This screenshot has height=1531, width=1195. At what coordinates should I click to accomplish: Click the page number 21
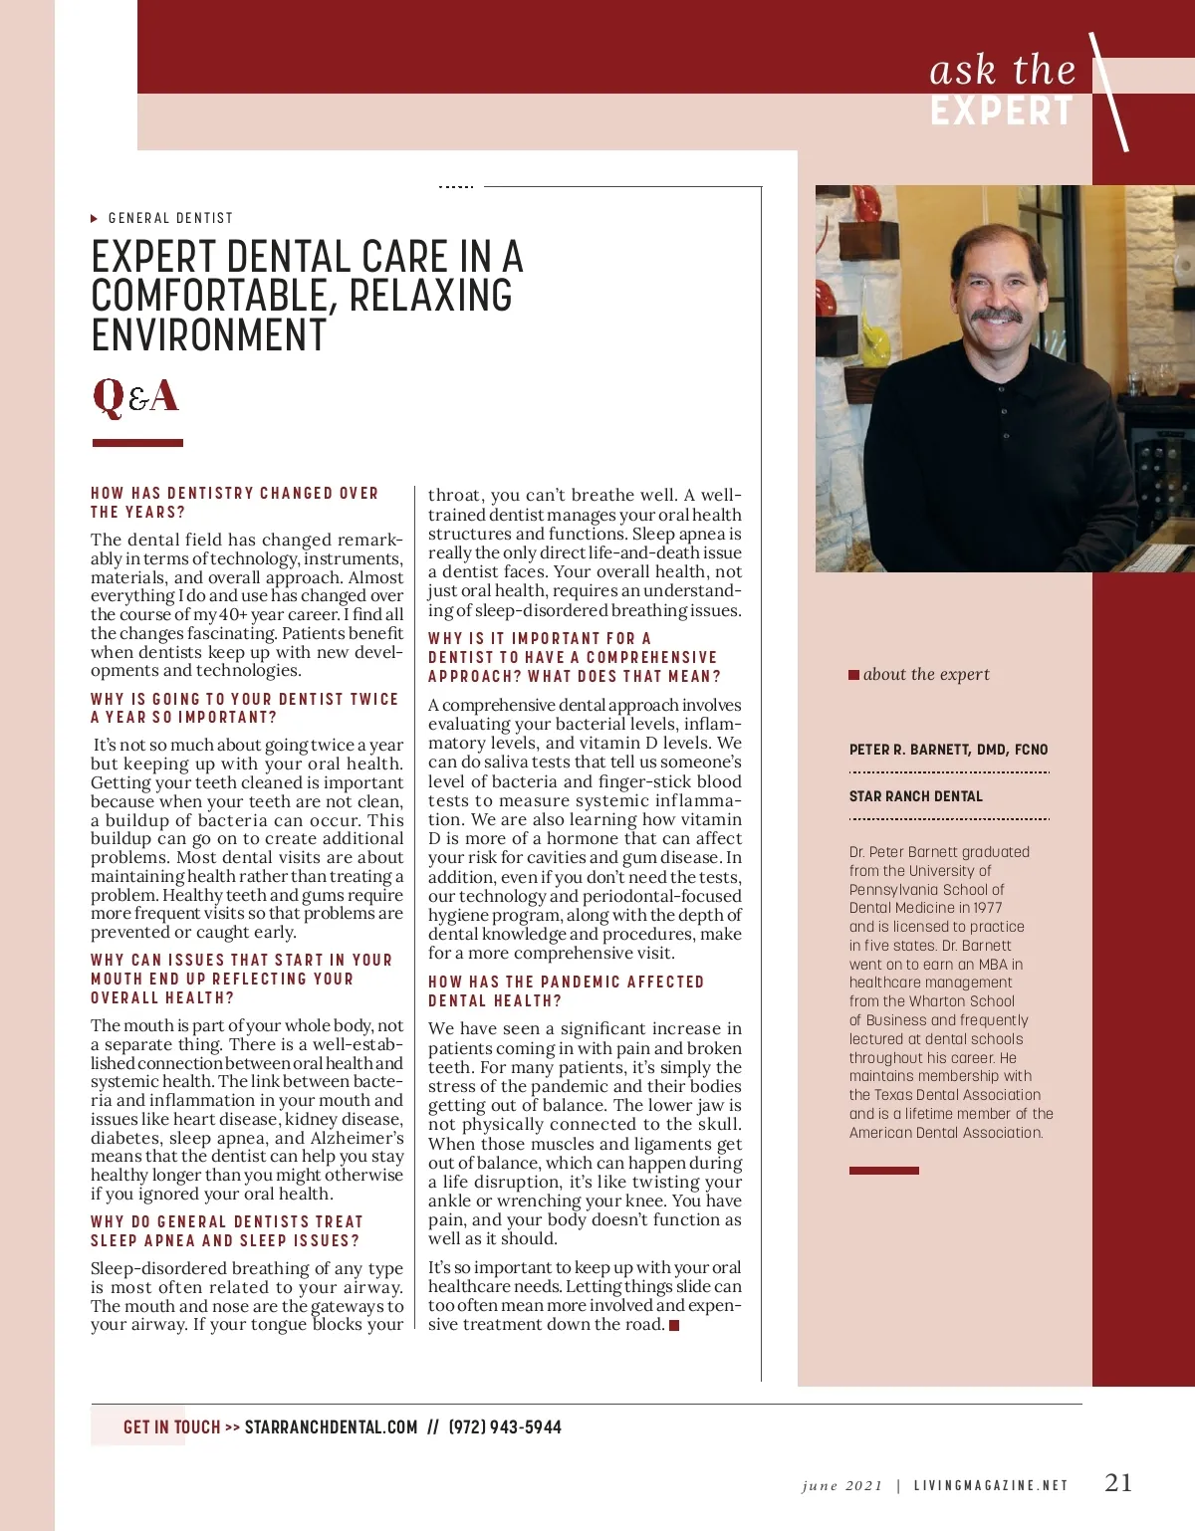pos(1118,1482)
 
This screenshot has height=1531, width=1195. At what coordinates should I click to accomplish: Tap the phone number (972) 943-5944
pos(505,1427)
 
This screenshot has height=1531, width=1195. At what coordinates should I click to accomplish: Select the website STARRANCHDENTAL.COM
pos(331,1427)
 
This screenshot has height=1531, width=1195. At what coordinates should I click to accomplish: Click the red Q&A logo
pos(135,396)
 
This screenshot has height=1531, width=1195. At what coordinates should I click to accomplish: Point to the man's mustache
pos(997,316)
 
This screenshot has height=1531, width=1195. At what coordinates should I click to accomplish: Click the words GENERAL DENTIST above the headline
pos(170,218)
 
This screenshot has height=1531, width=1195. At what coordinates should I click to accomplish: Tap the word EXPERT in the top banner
pos(1002,110)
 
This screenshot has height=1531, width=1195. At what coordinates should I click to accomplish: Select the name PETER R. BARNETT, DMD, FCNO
pos(948,750)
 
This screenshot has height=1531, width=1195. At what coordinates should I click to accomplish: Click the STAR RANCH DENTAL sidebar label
pos(915,796)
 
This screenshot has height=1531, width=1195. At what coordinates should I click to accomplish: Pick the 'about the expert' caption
pos(925,674)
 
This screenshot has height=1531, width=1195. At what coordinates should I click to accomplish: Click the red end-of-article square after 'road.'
pos(674,1325)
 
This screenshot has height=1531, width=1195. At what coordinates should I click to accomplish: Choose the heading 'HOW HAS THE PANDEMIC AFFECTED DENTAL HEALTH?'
pos(566,990)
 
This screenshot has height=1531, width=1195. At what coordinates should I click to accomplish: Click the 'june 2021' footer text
pos(841,1486)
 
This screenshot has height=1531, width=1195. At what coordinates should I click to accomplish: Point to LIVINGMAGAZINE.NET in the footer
pos(990,1486)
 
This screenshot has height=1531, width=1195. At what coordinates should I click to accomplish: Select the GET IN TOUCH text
pos(171,1427)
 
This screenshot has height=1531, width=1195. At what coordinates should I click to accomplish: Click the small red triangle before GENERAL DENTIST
pos(95,218)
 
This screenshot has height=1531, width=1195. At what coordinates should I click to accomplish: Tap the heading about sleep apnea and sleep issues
pos(226,1230)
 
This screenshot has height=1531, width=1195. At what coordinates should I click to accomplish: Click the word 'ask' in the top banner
pos(962,71)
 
